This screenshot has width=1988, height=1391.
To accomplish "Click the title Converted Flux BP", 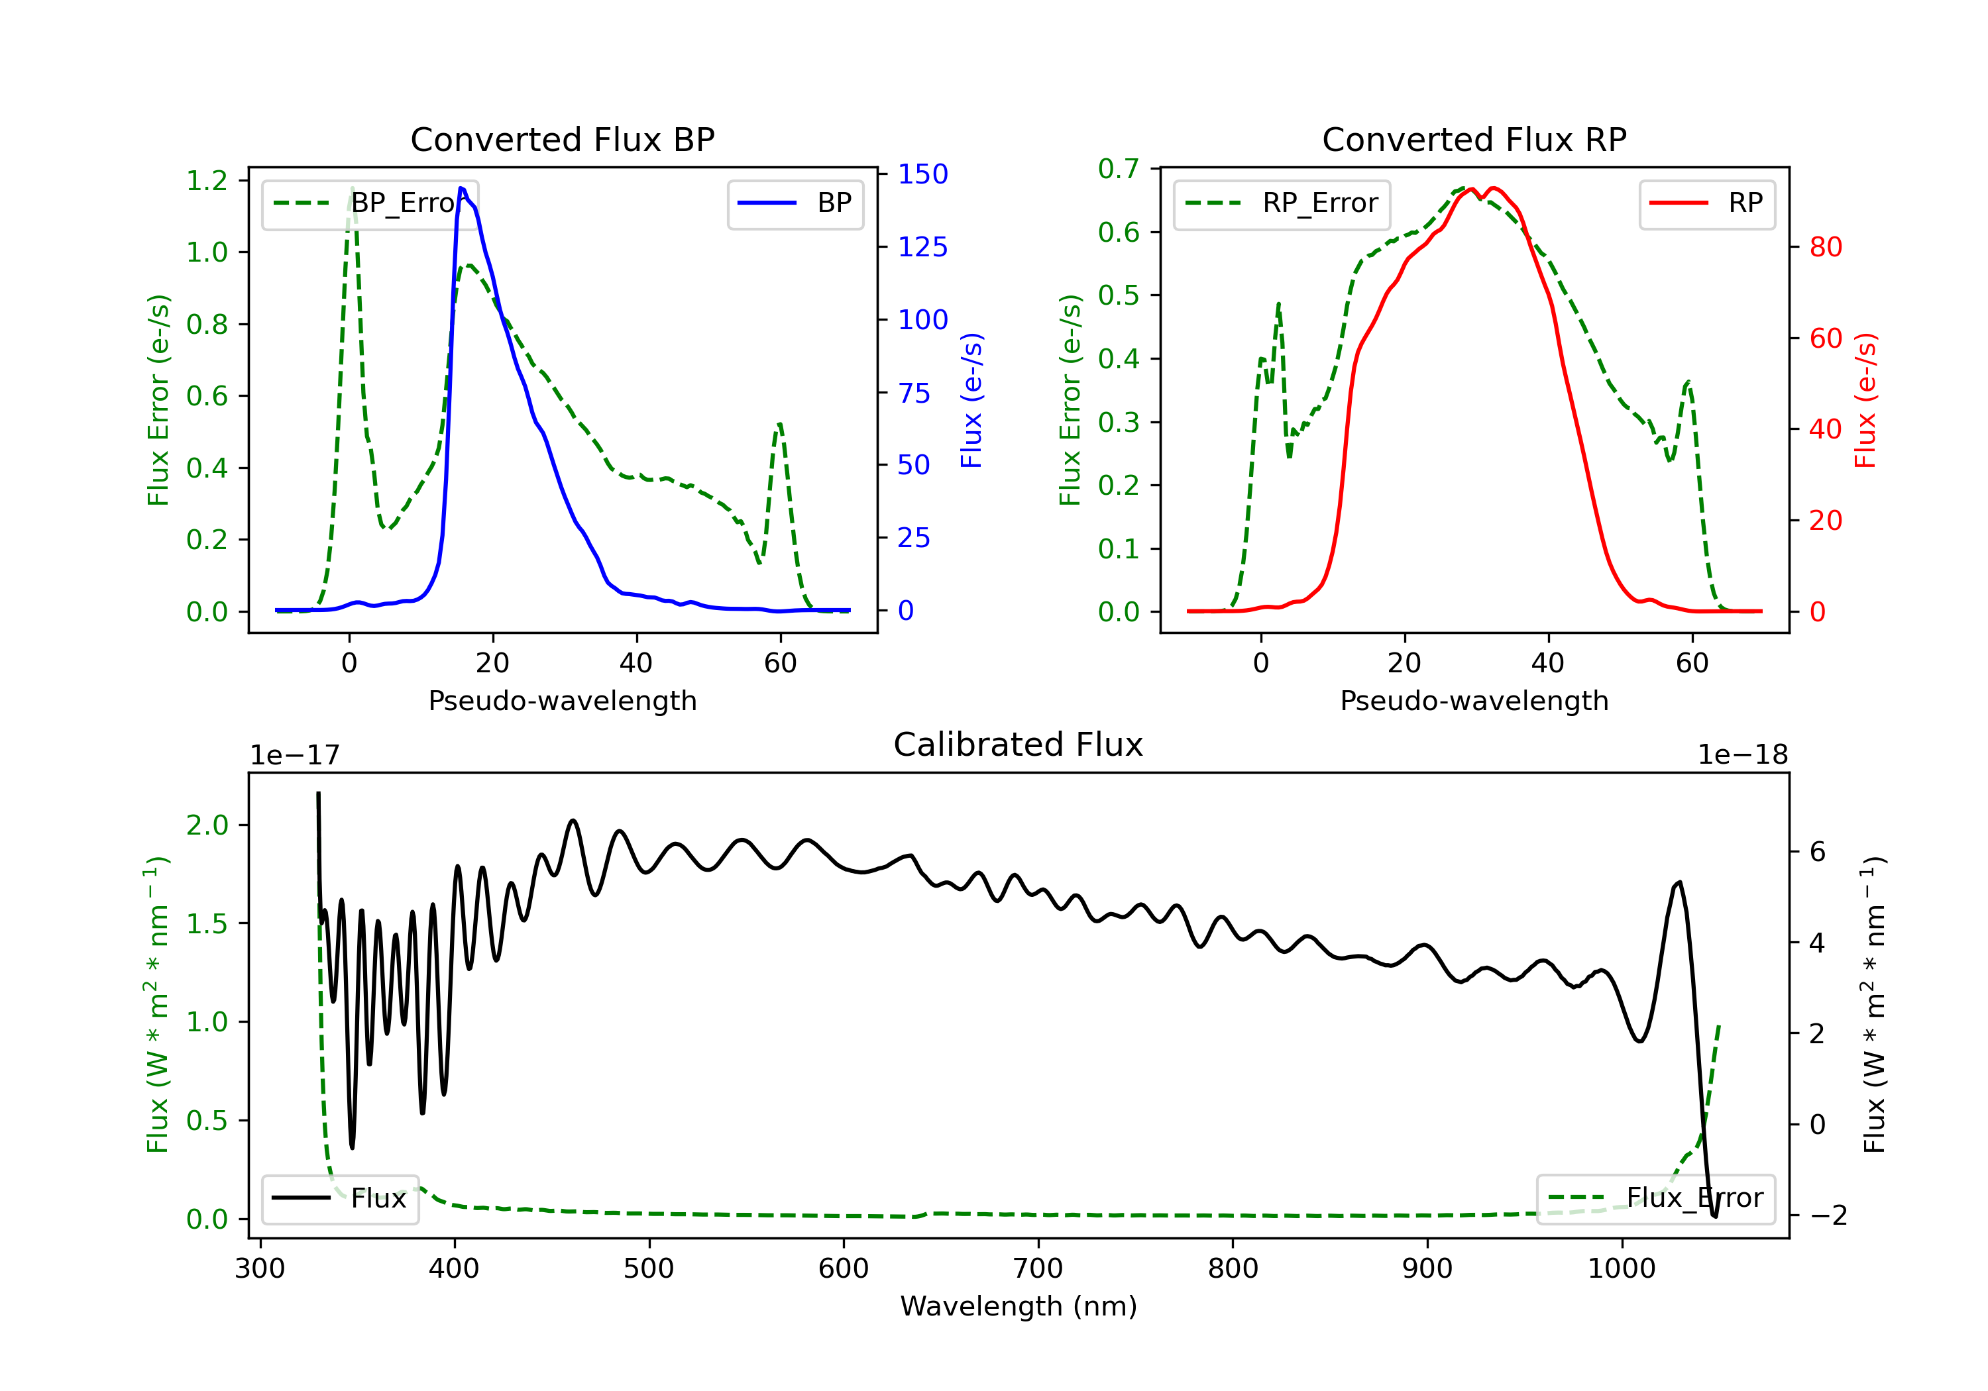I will click(562, 139).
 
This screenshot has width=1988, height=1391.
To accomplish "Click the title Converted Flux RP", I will click(1474, 139).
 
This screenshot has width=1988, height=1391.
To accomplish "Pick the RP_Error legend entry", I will click(1282, 203).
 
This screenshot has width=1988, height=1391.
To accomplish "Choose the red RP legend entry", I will click(1706, 203).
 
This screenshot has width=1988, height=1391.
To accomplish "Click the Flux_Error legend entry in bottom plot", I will click(1655, 1198).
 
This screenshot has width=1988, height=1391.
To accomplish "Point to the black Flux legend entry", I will click(341, 1198).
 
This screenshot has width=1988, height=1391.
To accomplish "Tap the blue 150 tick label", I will click(922, 174).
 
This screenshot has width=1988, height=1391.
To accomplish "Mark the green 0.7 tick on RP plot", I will click(1119, 169).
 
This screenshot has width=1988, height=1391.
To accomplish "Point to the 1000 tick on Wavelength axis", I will click(1621, 1269).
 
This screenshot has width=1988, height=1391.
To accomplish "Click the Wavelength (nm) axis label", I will click(1019, 1306).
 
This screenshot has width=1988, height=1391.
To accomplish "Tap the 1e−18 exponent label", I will click(1742, 755).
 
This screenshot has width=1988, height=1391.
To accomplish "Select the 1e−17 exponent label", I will click(294, 755).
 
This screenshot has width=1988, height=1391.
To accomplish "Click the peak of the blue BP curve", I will click(461, 189).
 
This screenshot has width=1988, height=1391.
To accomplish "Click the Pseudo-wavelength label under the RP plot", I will click(1474, 700).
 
